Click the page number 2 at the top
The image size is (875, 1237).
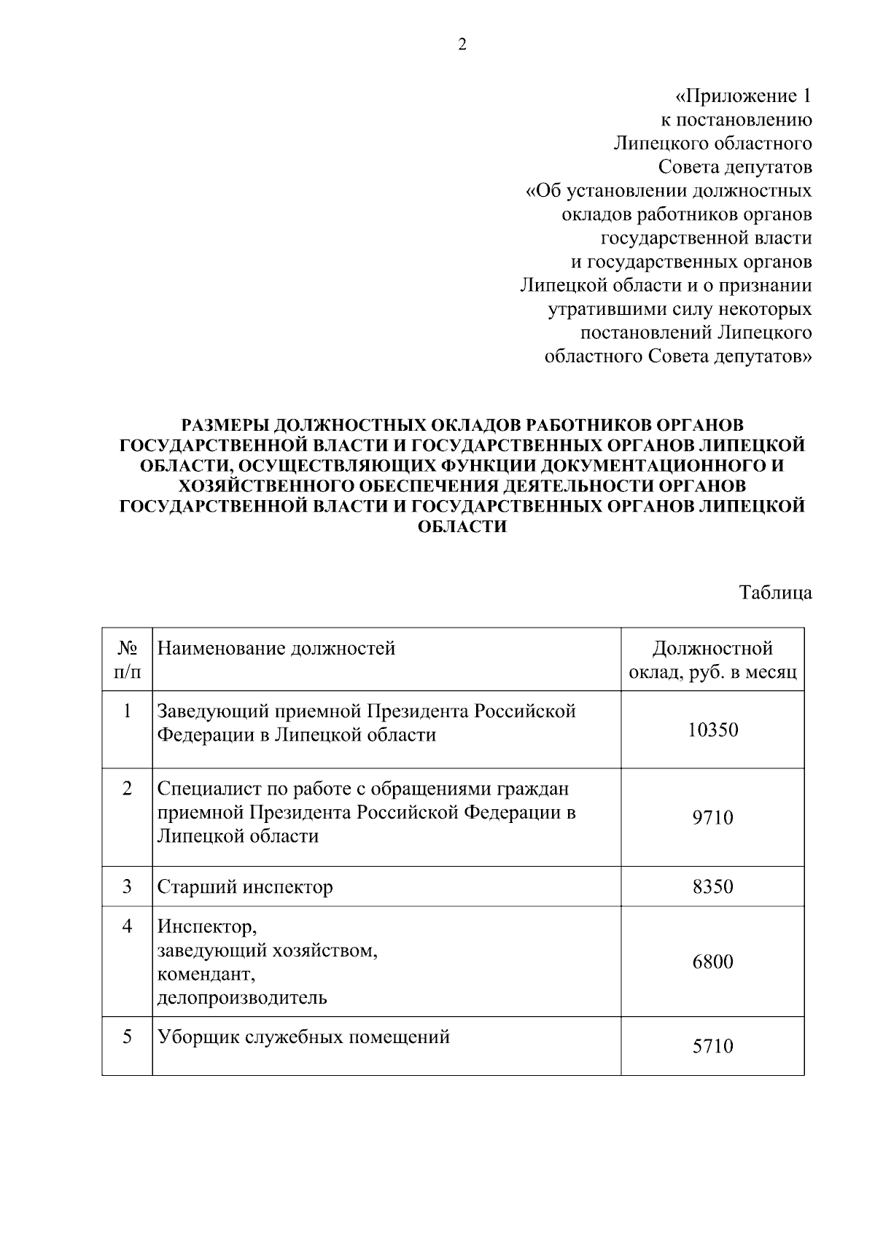pyautogui.click(x=462, y=45)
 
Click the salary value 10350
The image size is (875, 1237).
pyautogui.click(x=712, y=730)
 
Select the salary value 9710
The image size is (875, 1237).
pyautogui.click(x=712, y=817)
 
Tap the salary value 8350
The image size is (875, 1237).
pyautogui.click(x=712, y=887)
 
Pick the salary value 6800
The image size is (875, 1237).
pyautogui.click(x=712, y=961)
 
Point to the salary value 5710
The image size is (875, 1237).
pyautogui.click(x=712, y=1047)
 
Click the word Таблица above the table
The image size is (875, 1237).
pyautogui.click(x=776, y=593)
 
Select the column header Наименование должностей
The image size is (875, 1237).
pyautogui.click(x=276, y=648)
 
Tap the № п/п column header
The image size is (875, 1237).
pyautogui.click(x=128, y=659)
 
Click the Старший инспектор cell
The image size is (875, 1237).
pyautogui.click(x=245, y=887)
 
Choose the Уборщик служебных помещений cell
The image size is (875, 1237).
pyautogui.click(x=303, y=1037)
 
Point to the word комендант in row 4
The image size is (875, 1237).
pyautogui.click(x=206, y=974)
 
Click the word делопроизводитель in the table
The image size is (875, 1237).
pyautogui.click(x=242, y=997)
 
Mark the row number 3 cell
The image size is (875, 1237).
pyautogui.click(x=128, y=886)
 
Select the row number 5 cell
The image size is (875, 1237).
pyautogui.click(x=128, y=1037)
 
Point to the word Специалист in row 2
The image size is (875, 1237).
pyautogui.click(x=202, y=789)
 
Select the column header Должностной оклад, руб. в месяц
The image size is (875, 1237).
pyautogui.click(x=712, y=660)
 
